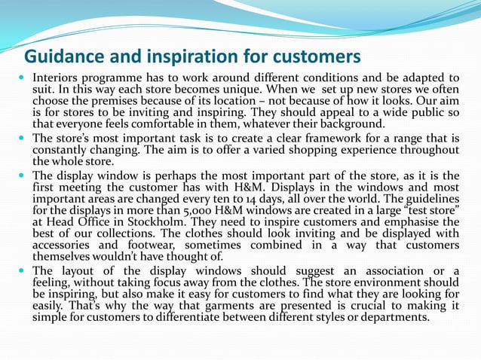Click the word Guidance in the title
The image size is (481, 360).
pyautogui.click(x=63, y=57)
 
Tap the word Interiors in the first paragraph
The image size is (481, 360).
pyautogui.click(x=57, y=78)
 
